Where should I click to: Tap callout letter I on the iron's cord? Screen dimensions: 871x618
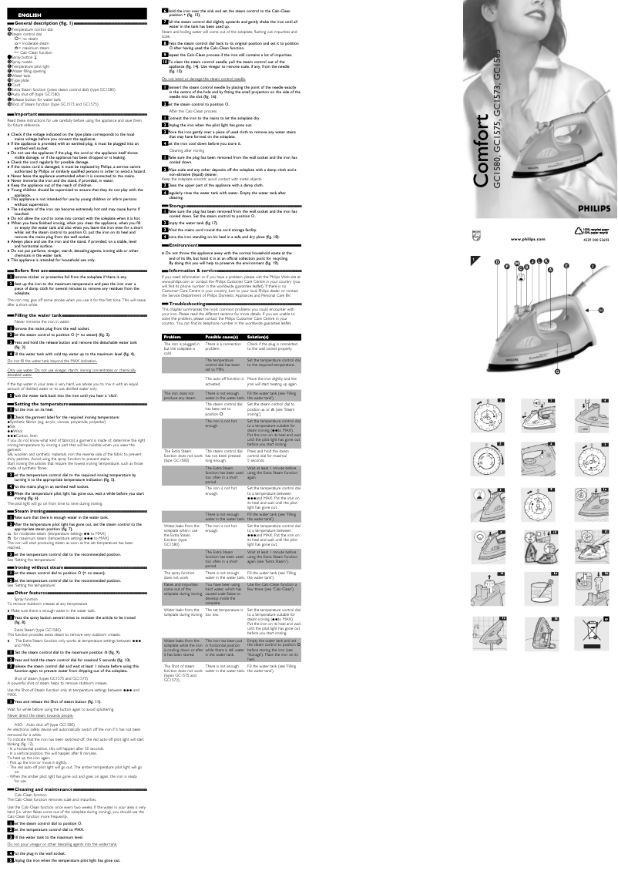(x=593, y=288)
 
